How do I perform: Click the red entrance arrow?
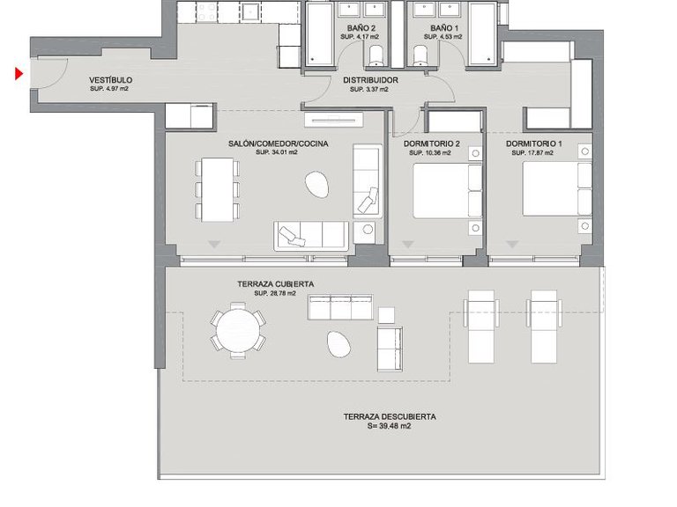19,74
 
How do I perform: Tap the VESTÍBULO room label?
110,80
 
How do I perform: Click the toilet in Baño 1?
420,57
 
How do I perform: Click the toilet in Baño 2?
376,57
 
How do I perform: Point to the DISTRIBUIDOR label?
370,81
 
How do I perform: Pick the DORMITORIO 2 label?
432,143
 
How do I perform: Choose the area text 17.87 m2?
532,153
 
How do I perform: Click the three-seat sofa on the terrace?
339,306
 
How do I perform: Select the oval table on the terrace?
337,343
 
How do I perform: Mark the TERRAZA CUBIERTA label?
276,284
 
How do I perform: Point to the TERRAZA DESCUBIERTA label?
389,417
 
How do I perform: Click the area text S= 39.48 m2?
389,426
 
